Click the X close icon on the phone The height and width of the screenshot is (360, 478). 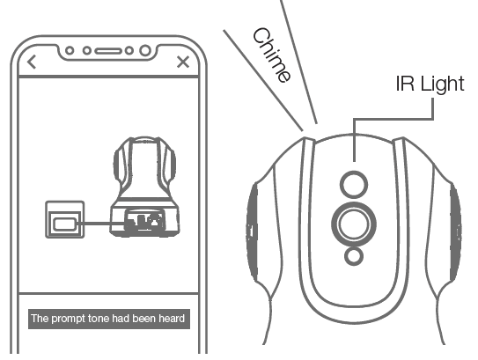tap(183, 62)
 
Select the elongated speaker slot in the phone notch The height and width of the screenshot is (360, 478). tap(108, 51)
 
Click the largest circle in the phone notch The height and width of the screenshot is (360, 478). tap(145, 50)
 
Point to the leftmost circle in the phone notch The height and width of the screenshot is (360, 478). tap(70, 50)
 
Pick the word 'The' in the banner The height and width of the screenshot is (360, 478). tap(40, 319)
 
